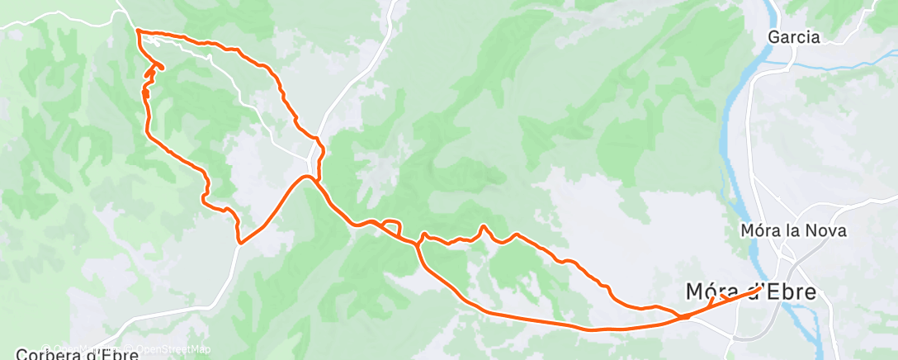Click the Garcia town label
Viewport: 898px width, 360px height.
click(793, 37)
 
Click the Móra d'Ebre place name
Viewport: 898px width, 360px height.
click(750, 292)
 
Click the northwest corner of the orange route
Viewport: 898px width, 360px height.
click(137, 31)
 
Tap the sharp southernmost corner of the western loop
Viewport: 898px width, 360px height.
click(239, 243)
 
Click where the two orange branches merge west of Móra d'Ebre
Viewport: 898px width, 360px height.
click(685, 315)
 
